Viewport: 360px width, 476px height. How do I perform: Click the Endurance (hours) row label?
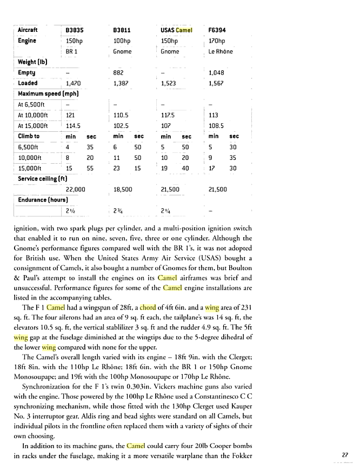tap(41, 200)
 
